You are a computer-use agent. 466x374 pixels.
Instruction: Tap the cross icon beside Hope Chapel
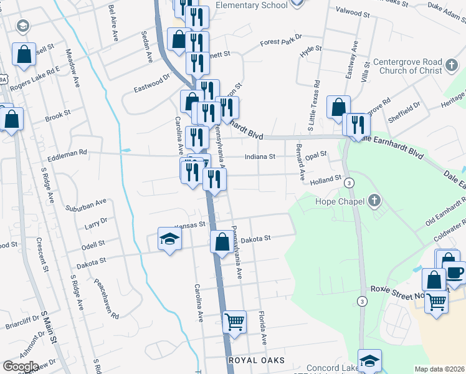point(374,201)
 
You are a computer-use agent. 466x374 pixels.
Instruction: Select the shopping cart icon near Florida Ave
point(234,322)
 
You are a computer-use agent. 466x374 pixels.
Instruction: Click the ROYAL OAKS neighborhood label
point(257,361)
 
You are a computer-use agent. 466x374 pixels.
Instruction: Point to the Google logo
point(21,367)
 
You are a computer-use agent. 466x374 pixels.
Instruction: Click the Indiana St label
point(260,157)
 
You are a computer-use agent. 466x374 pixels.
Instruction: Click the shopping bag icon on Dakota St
point(222,241)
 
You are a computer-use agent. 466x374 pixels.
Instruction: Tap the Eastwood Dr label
point(151,83)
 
